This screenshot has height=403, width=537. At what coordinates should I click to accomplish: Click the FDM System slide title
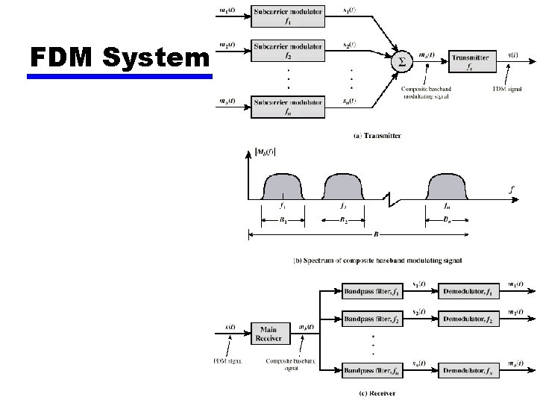119,57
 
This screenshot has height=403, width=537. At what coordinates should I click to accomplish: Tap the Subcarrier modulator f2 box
288,50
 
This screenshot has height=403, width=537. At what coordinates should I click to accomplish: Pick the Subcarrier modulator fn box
288,107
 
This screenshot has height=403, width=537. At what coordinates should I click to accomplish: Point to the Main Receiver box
268,333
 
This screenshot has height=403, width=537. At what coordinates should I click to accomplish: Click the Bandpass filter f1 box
371,290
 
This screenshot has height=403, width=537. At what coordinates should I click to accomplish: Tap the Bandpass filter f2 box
371,319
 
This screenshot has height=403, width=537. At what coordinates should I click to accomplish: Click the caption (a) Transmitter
377,136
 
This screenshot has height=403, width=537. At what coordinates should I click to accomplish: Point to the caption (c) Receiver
377,393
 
